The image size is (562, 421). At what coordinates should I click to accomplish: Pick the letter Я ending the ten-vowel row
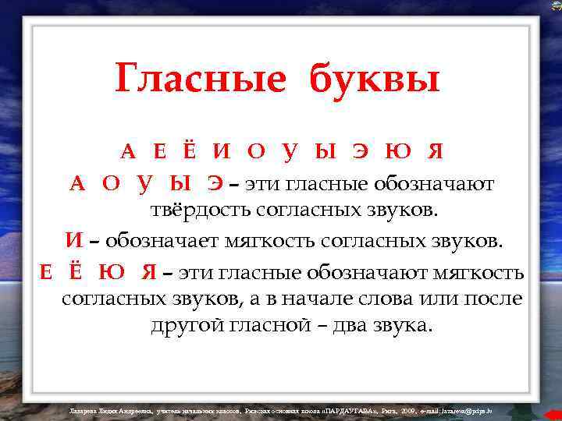(x=436, y=150)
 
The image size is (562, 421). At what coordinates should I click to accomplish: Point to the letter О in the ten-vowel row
(x=255, y=150)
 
